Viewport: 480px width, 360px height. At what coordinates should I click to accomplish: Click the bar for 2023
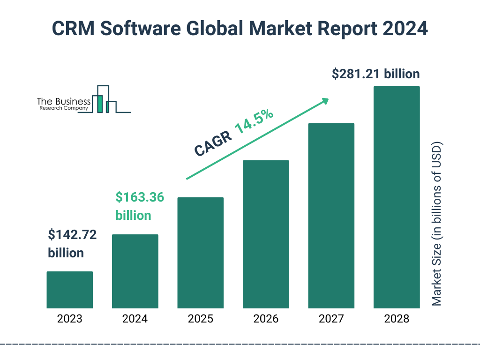(x=70, y=290)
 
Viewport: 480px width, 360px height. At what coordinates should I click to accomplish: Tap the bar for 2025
(x=200, y=253)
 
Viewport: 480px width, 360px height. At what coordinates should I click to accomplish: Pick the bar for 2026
(x=266, y=234)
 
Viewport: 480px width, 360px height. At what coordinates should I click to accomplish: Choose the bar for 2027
(x=331, y=216)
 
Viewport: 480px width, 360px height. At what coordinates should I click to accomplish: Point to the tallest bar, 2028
(x=396, y=197)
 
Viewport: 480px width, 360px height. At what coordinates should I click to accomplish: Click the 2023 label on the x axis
(x=70, y=319)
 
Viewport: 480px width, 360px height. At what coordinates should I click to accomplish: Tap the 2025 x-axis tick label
(x=200, y=319)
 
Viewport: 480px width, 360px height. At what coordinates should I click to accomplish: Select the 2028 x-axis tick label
(x=396, y=319)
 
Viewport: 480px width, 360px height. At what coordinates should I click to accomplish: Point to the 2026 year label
(x=266, y=319)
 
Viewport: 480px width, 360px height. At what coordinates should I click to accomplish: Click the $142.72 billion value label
(x=72, y=244)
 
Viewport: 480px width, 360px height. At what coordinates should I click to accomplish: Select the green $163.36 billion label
(x=140, y=206)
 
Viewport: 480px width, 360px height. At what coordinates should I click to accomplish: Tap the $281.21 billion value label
(x=375, y=74)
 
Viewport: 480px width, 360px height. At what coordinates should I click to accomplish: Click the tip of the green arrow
(x=328, y=99)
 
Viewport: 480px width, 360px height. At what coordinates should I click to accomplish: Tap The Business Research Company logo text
(x=64, y=104)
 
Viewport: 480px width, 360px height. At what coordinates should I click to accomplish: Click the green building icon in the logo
(x=99, y=103)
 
